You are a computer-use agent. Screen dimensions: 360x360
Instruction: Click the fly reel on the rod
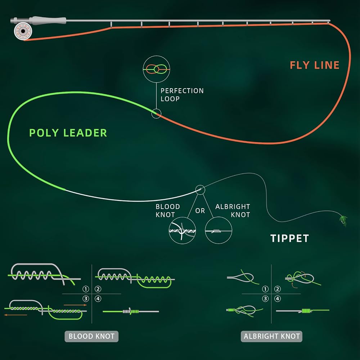(x=23, y=31)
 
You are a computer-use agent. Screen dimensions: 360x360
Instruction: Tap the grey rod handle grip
(x=49, y=21)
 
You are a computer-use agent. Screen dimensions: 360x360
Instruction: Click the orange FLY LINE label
(x=315, y=65)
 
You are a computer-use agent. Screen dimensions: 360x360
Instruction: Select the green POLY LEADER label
(x=68, y=133)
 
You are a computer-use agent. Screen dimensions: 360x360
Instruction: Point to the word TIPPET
(x=289, y=238)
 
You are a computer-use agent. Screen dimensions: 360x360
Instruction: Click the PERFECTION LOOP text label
(x=182, y=95)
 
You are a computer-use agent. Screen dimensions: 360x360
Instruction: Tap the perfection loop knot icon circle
(x=156, y=69)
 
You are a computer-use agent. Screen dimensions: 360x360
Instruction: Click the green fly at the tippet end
(x=343, y=220)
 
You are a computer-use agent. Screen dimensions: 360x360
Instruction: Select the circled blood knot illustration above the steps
(x=182, y=230)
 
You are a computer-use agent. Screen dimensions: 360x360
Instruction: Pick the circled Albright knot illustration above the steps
(x=219, y=230)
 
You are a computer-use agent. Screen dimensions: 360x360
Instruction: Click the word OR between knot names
(x=200, y=211)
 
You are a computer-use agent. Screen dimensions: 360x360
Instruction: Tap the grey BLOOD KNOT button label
(x=91, y=336)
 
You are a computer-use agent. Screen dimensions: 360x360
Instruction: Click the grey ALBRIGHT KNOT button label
(x=271, y=336)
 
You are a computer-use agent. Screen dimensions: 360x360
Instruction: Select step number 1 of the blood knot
(x=86, y=289)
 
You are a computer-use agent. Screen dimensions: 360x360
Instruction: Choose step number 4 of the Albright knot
(x=278, y=299)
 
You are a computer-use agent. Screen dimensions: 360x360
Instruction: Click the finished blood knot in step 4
(x=131, y=311)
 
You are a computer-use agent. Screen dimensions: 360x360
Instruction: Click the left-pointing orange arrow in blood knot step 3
(x=15, y=315)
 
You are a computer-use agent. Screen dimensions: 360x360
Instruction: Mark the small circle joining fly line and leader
(x=156, y=114)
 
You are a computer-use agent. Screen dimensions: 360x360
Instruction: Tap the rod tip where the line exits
(x=329, y=21)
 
